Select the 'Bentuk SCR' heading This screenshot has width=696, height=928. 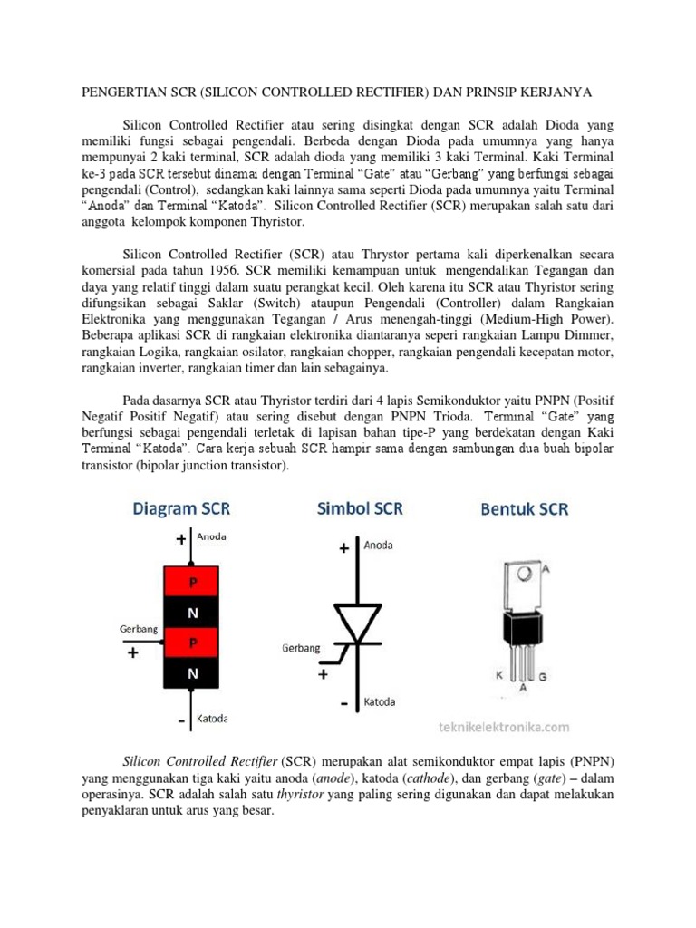click(x=524, y=509)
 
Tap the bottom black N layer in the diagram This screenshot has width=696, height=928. click(x=192, y=672)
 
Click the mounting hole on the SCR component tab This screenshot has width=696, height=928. click(x=523, y=573)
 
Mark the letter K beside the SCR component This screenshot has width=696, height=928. click(x=498, y=675)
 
